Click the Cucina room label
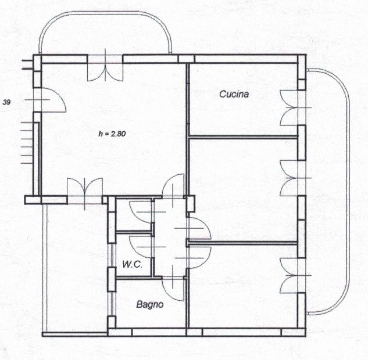234,94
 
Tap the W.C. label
132,265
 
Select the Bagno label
150,304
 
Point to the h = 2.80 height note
112,134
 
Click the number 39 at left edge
6,102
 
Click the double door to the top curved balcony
105,68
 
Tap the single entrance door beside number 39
50,100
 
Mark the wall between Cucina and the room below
243,137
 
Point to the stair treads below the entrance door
27,142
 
